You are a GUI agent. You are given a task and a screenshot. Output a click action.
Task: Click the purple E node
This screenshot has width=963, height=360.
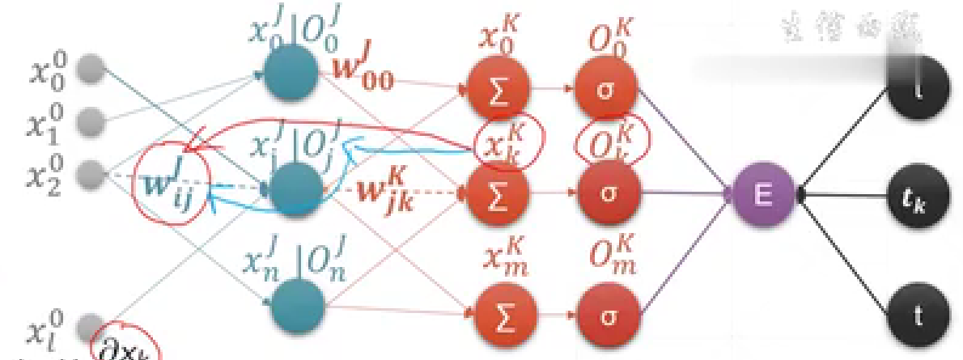(x=763, y=194)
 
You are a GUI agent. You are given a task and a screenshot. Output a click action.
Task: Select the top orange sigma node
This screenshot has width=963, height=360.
(x=607, y=89)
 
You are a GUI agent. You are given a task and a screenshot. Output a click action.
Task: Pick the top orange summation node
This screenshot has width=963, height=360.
(x=497, y=89)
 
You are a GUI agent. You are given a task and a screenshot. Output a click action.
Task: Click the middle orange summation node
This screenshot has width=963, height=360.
(x=497, y=195)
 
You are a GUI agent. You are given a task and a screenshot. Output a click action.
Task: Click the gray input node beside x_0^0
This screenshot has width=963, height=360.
(x=93, y=71)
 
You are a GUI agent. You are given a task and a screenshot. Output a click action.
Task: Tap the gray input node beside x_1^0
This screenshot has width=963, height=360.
(x=93, y=122)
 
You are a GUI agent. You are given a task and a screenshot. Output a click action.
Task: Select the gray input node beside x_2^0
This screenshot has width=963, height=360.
(x=93, y=172)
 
